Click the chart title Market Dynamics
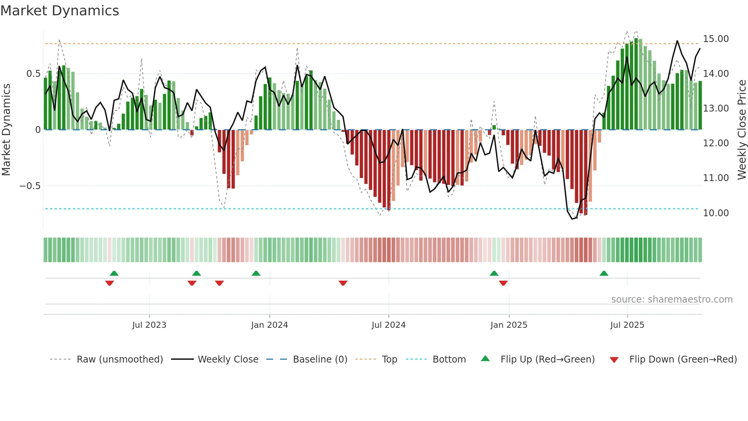click(x=60, y=11)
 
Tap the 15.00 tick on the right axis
click(x=716, y=39)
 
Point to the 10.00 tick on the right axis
click(x=716, y=213)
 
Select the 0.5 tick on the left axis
click(x=33, y=74)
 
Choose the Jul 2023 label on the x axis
click(x=149, y=325)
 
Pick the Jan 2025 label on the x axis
click(x=509, y=325)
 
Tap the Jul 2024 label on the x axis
click(x=389, y=325)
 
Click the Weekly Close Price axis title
click(x=742, y=130)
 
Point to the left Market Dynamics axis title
click(x=6, y=130)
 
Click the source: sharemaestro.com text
click(x=672, y=300)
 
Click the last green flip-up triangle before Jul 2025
click(x=604, y=274)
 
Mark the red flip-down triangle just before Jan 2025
click(x=503, y=283)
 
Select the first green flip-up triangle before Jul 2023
click(x=114, y=274)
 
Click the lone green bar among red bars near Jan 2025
click(x=494, y=128)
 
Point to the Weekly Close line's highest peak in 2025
click(x=677, y=41)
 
